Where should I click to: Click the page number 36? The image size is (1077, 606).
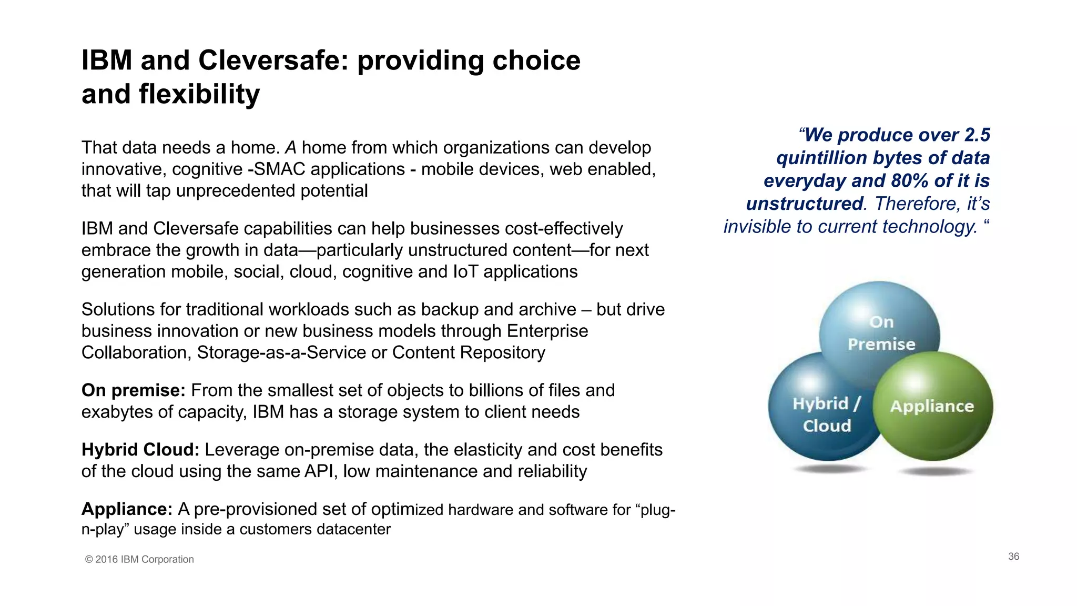click(x=1013, y=557)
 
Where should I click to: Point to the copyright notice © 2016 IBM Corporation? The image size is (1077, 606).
click(x=139, y=559)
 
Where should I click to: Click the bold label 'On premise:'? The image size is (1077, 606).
click(x=133, y=390)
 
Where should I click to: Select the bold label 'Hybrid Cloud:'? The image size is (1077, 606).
click(x=140, y=450)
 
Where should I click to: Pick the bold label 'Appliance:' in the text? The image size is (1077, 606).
click(x=127, y=509)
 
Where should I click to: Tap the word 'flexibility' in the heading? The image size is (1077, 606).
click(x=199, y=94)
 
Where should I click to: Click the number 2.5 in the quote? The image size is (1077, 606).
click(x=977, y=135)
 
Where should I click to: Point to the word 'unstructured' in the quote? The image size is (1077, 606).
click(x=804, y=204)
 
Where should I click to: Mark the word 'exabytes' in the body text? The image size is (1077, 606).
click(x=116, y=412)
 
